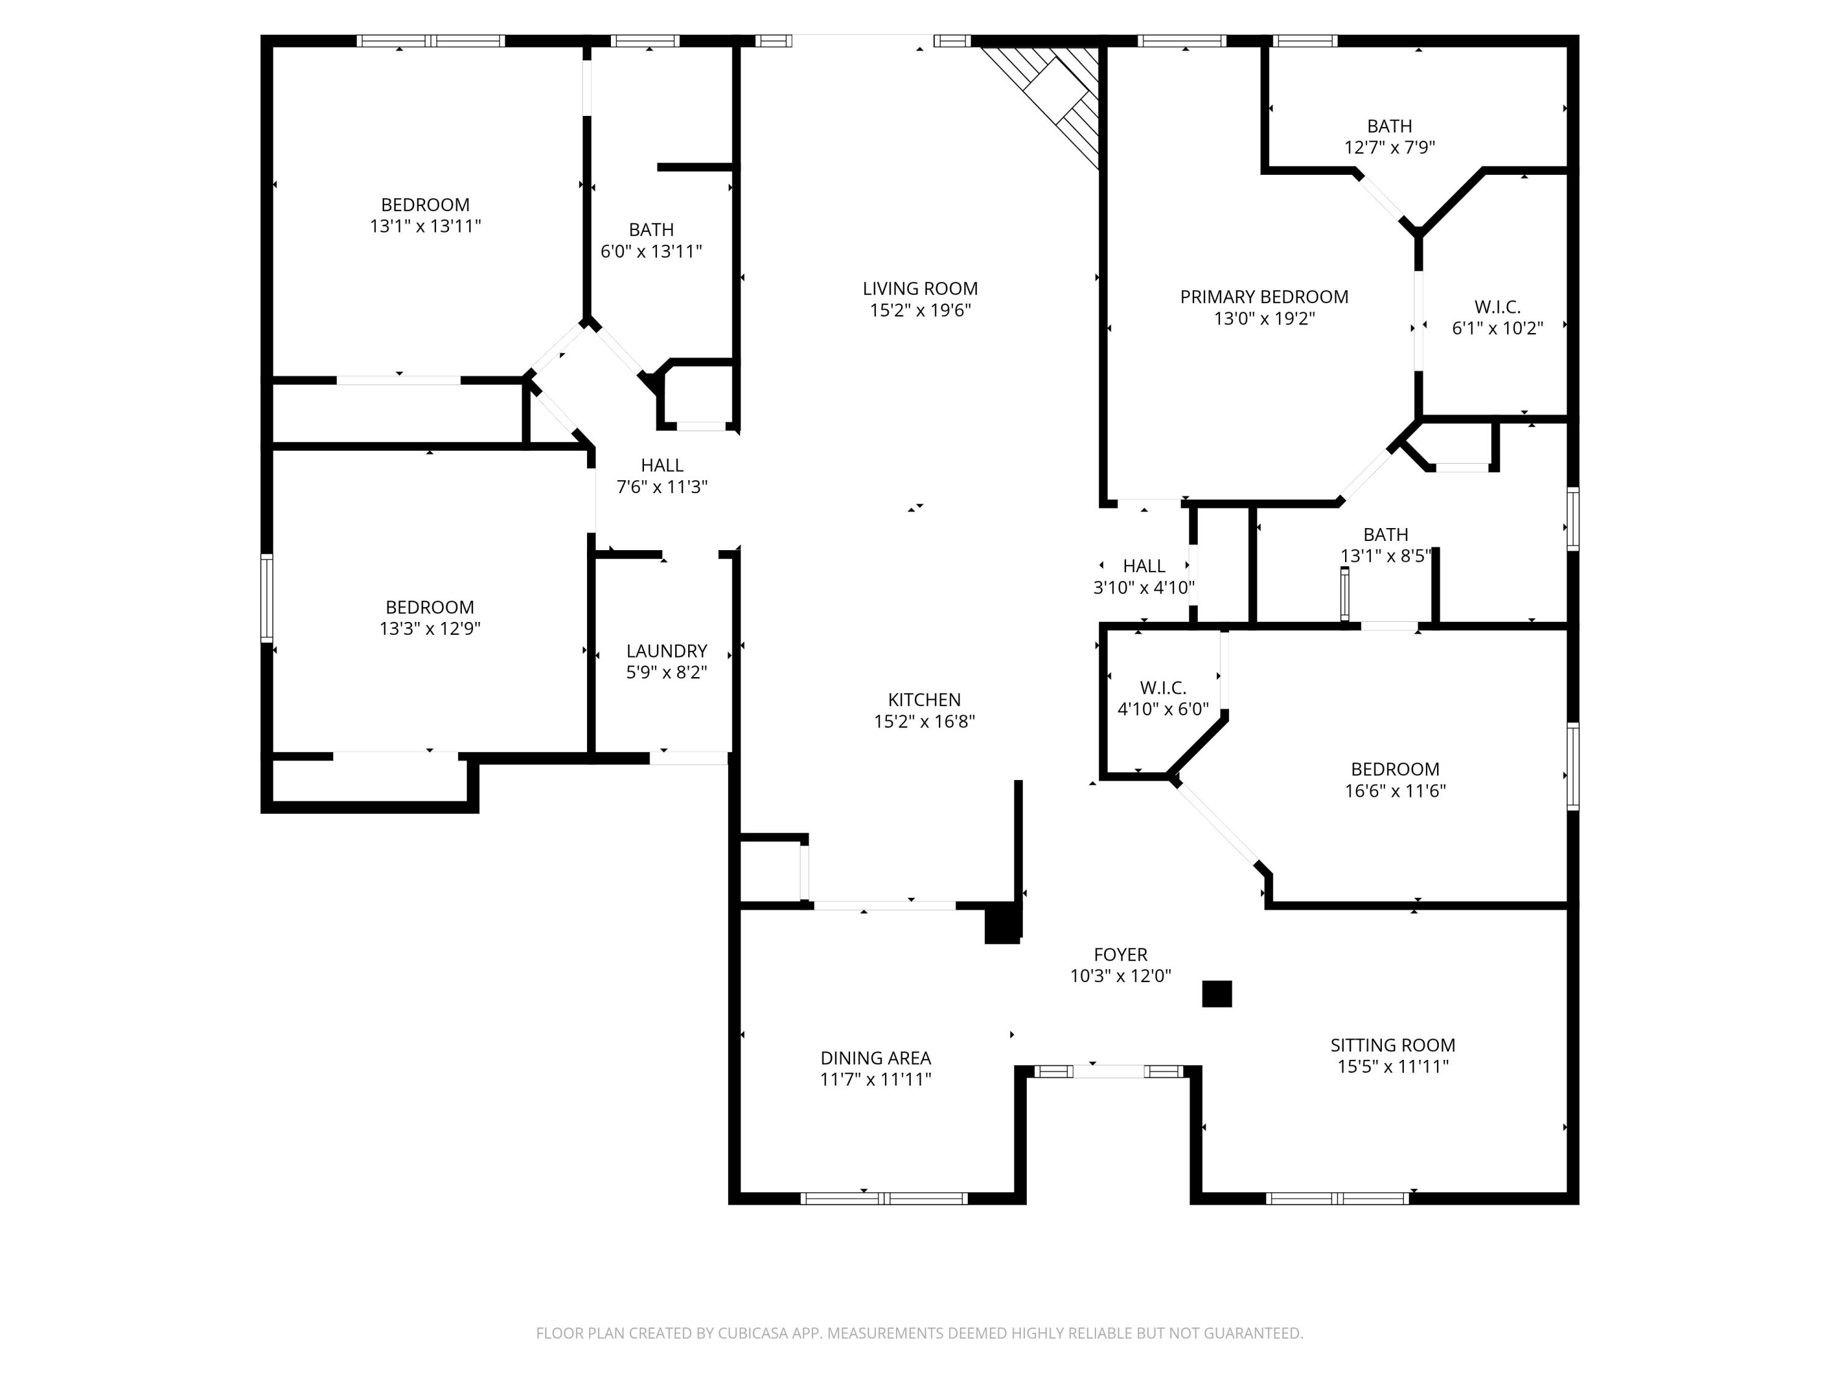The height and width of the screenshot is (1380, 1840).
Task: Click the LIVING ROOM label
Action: (920, 289)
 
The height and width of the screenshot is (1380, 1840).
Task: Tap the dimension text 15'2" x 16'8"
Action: (924, 721)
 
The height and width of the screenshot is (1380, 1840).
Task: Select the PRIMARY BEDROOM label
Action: (1263, 297)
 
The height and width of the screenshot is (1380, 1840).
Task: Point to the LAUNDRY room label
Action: (666, 651)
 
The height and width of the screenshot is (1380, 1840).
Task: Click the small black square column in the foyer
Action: (1216, 994)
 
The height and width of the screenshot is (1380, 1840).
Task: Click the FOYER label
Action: (1121, 954)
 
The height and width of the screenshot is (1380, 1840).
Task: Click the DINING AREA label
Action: (875, 1058)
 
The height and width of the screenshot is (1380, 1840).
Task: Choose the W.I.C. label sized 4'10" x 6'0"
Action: (1163, 688)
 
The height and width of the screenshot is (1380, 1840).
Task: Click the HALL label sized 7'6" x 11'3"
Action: (662, 465)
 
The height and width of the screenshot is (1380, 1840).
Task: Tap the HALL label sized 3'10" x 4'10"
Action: (1144, 565)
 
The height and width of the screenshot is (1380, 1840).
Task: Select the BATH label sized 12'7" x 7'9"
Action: (1389, 126)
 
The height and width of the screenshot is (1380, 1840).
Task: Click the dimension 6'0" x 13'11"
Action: (651, 251)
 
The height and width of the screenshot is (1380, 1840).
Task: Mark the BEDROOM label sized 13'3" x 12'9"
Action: (429, 607)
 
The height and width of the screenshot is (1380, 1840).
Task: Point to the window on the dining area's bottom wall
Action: (883, 1198)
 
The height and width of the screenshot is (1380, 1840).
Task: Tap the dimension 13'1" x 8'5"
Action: (1385, 556)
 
